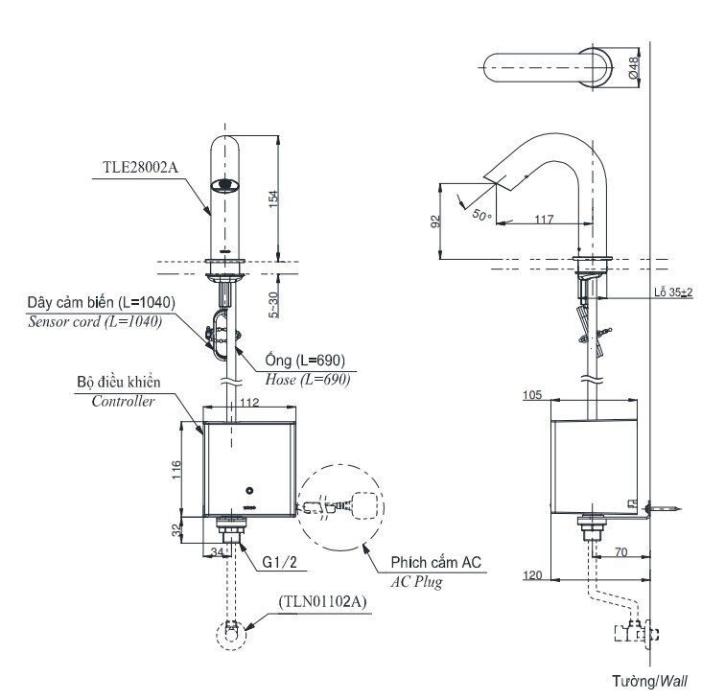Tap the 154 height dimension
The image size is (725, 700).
pyautogui.click(x=275, y=198)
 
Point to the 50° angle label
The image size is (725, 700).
pyautogui.click(x=481, y=216)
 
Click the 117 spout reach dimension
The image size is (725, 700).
pyautogui.click(x=544, y=221)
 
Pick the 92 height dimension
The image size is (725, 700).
pyautogui.click(x=436, y=222)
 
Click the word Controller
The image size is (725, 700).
pyautogui.click(x=122, y=402)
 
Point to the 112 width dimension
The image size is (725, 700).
pyautogui.click(x=248, y=403)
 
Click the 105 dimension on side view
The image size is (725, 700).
pyautogui.click(x=535, y=394)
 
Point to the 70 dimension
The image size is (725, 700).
pyautogui.click(x=620, y=553)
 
